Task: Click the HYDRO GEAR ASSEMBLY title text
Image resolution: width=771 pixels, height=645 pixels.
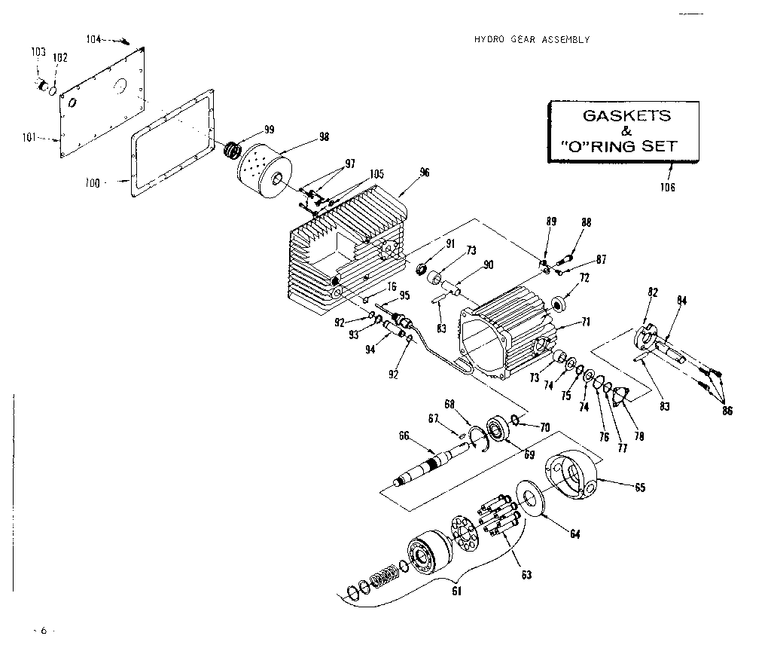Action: click(x=531, y=40)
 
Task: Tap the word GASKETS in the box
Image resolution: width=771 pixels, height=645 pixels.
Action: click(x=626, y=116)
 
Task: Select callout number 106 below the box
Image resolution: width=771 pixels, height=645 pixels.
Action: click(x=667, y=188)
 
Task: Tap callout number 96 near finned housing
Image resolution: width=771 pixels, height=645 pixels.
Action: click(x=425, y=172)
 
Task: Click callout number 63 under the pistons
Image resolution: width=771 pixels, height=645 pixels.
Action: click(x=526, y=575)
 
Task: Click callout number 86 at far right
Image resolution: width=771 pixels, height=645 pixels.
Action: click(x=727, y=411)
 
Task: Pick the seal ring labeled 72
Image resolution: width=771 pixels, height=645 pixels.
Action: click(x=559, y=304)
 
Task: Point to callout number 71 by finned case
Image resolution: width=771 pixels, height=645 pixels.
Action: click(x=586, y=322)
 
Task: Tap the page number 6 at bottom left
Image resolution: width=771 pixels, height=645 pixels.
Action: click(x=44, y=630)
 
